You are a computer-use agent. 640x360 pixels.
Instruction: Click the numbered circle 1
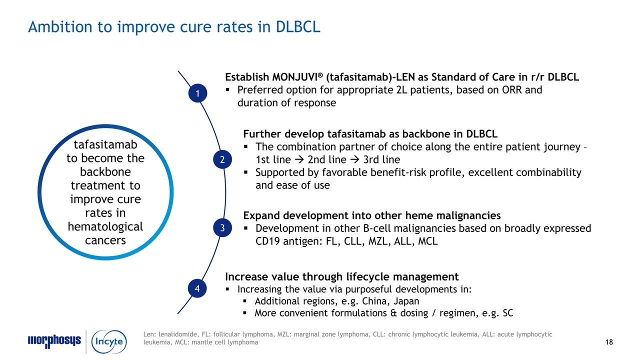coord(197,93)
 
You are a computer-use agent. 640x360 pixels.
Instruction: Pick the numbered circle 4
coord(197,288)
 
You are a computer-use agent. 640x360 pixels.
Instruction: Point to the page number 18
coord(608,342)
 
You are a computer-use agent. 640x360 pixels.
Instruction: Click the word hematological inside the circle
coord(105,226)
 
